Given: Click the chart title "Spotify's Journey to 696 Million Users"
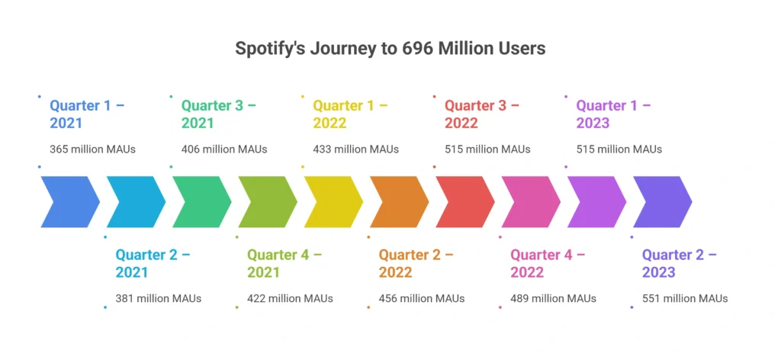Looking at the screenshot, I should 390,48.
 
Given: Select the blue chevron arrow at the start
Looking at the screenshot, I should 69,201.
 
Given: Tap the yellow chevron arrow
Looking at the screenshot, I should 333,201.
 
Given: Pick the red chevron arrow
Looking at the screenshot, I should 464,201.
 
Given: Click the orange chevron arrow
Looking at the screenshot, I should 398,201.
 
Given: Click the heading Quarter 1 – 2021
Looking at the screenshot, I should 87,114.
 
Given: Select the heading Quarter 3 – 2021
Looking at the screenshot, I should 218,114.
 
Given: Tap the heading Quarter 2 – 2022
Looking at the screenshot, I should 416,263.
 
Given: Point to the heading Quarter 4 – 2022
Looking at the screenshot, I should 548,263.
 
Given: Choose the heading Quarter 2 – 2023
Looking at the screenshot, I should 680,263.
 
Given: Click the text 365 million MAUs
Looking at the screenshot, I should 92,149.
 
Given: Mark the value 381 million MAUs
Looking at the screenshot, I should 159,298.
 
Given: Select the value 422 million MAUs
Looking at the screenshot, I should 290,298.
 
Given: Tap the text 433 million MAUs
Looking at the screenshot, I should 355,149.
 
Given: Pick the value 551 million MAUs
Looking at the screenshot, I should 685,298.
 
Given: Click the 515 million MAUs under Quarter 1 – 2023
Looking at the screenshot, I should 619,149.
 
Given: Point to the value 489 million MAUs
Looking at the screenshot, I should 553,298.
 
